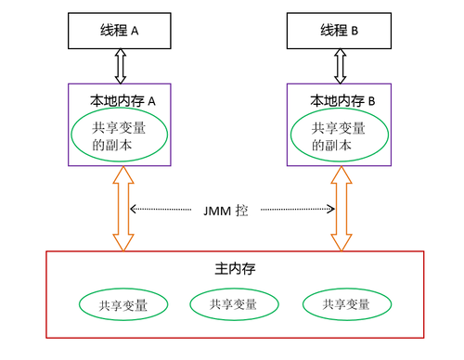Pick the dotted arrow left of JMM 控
pyautogui.click(x=164, y=210)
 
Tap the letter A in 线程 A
pyautogui.click(x=135, y=31)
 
